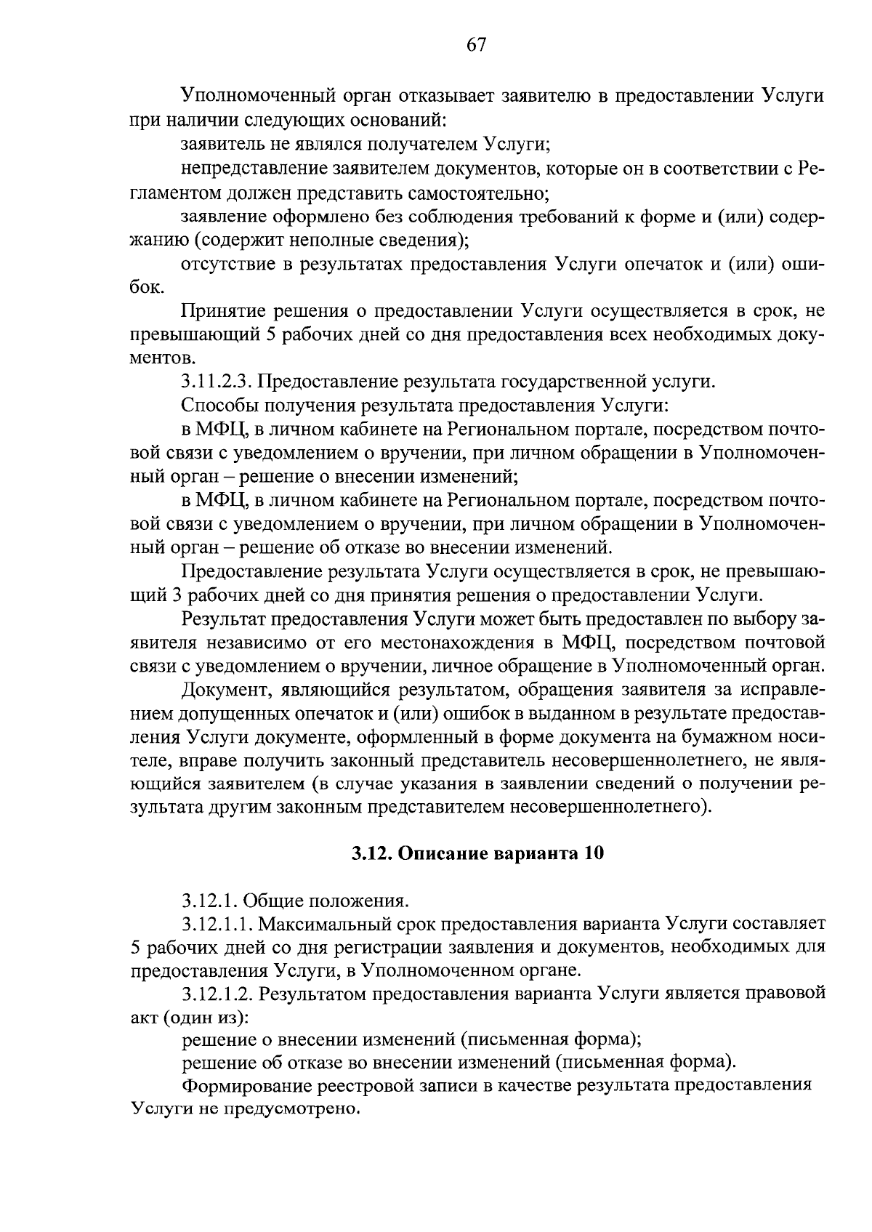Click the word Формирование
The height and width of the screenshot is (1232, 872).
(242, 1086)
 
